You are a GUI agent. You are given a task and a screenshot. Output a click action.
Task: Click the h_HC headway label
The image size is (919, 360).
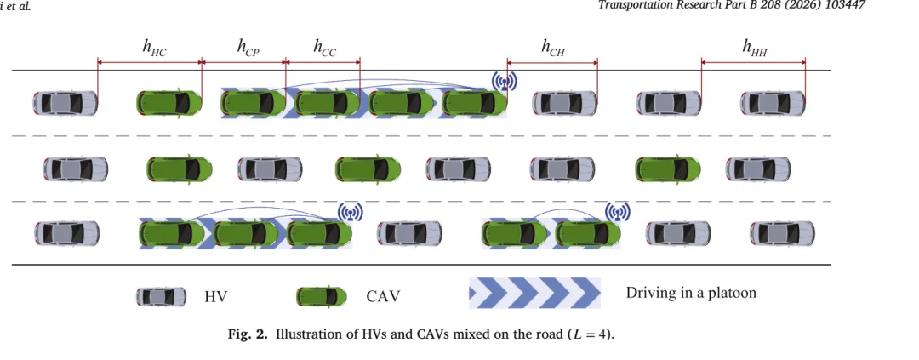click(154, 48)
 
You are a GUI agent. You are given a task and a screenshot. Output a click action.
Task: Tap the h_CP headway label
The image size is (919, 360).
click(248, 48)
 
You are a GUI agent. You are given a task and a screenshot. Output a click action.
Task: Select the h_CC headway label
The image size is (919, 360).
click(325, 48)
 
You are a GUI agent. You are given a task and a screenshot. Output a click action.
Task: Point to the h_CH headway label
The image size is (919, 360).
click(553, 48)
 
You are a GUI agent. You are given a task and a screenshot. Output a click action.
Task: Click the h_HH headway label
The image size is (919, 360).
click(755, 48)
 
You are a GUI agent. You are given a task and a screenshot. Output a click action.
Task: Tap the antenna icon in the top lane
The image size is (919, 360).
click(504, 82)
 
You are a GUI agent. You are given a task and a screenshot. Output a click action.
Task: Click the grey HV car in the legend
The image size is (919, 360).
click(161, 297)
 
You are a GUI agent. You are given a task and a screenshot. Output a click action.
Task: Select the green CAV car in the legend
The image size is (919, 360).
click(321, 297)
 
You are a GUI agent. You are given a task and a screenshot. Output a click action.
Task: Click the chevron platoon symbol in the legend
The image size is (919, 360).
click(534, 293)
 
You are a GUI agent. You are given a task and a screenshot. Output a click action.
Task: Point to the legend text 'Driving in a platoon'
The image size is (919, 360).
click(691, 292)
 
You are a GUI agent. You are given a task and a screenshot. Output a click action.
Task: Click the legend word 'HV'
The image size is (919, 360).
click(215, 297)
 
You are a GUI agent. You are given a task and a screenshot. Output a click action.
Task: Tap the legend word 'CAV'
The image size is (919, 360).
click(383, 297)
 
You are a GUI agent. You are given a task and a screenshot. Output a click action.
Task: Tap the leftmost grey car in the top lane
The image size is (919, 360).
click(65, 103)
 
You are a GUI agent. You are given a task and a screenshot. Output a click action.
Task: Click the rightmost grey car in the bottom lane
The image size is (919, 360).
click(783, 233)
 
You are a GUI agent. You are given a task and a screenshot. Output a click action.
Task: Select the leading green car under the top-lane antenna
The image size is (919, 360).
click(474, 103)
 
